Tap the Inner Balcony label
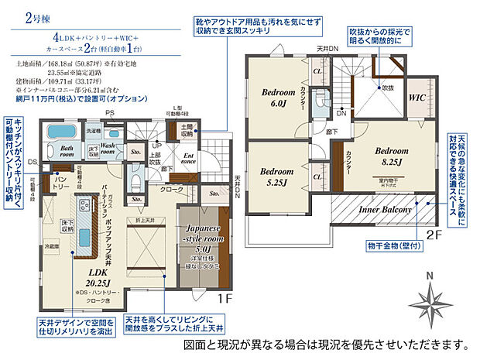tap(384, 209)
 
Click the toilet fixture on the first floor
tap(135, 183)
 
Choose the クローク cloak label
tap(171, 189)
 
